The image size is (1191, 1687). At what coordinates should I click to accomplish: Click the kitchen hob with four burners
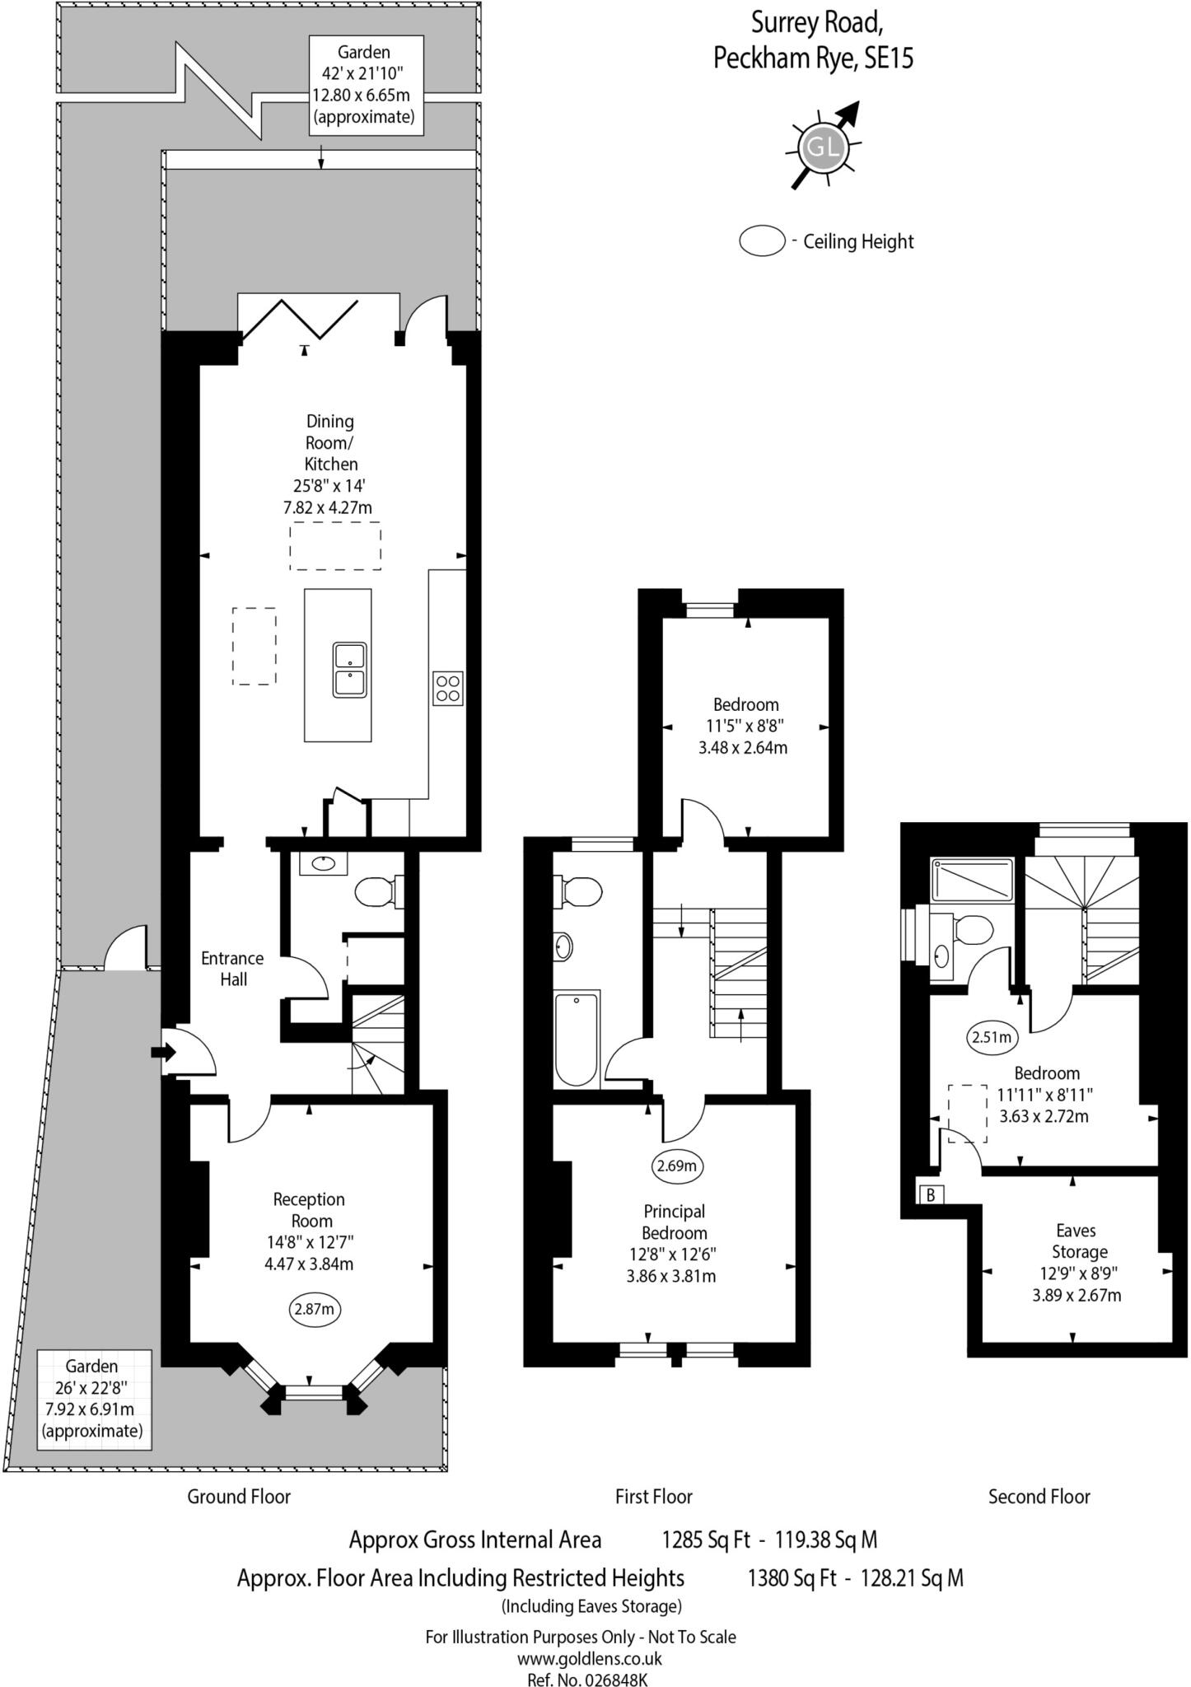(448, 689)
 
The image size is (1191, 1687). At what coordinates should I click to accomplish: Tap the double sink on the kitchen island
(350, 670)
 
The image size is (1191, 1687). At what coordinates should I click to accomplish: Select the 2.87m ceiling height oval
(315, 1310)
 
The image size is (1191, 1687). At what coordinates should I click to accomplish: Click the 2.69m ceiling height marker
(679, 1166)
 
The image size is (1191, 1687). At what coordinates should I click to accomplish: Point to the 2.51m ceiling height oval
(991, 1038)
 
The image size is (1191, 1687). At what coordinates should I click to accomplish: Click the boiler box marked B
(931, 1194)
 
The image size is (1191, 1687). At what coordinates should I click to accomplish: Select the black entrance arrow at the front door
(163, 1052)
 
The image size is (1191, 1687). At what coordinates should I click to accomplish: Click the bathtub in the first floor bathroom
(577, 1039)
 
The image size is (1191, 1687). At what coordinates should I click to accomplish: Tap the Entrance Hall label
(233, 969)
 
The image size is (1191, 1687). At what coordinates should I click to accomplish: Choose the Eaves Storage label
(1077, 1241)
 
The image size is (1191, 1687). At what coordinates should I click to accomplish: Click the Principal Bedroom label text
(675, 1222)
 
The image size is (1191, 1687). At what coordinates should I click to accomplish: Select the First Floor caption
(654, 1496)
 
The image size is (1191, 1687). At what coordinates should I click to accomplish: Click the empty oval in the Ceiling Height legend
(762, 241)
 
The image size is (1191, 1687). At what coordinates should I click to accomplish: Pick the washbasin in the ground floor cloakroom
(323, 863)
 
